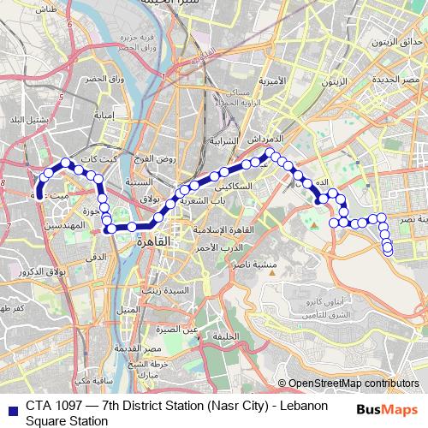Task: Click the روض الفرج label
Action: click(x=157, y=159)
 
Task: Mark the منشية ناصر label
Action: click(x=279, y=265)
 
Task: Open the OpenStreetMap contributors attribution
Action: click(x=354, y=383)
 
